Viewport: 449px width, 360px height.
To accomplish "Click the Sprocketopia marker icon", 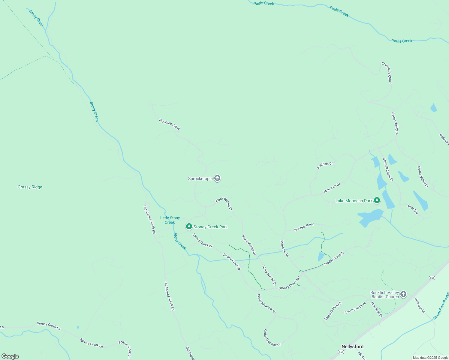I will (217, 178).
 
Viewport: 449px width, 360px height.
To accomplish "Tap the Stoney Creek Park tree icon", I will (189, 226).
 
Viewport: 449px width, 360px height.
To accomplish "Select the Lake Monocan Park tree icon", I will (377, 200).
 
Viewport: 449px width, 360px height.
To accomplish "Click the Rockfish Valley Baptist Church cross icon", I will (403, 294).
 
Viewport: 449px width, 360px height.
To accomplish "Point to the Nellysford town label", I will (352, 346).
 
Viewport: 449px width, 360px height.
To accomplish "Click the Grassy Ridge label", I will (30, 187).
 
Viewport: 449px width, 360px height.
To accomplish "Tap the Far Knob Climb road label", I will (169, 124).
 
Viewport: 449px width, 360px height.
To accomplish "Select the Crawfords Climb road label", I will (387, 73).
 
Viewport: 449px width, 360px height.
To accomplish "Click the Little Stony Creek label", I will (170, 220).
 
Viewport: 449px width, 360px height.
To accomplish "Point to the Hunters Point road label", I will (304, 227).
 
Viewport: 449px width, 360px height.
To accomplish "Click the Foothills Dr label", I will (325, 165).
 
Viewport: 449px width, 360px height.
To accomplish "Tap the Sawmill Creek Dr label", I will (388, 169).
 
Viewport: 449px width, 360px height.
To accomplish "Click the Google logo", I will (10, 356).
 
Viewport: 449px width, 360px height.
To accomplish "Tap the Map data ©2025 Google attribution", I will (430, 358).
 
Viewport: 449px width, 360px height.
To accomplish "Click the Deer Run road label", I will (413, 209).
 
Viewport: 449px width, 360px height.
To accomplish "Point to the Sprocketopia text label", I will (200, 179).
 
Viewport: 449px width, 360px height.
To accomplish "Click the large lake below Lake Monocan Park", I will (370, 217).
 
